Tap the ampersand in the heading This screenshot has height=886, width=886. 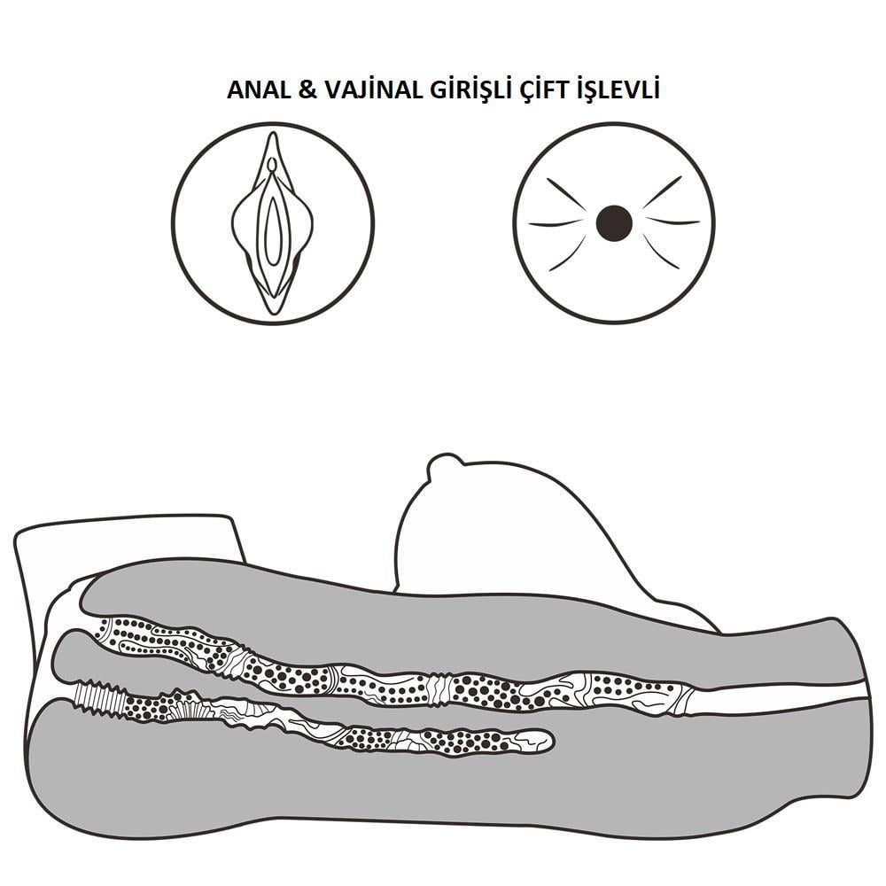(x=307, y=89)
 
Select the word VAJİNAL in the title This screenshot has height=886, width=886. (x=373, y=89)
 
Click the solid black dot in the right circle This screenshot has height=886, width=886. (x=614, y=223)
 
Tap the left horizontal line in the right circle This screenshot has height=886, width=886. (x=555, y=223)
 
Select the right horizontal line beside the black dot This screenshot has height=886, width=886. (x=673, y=221)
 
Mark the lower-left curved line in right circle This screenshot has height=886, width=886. (x=567, y=253)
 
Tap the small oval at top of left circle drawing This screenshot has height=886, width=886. (x=272, y=164)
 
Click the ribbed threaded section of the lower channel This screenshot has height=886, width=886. (x=99, y=699)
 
